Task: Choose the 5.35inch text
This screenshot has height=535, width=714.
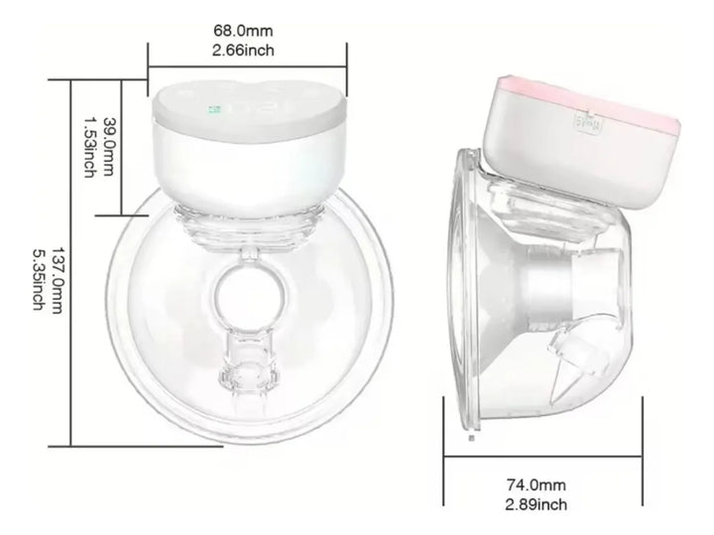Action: (x=37, y=265)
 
